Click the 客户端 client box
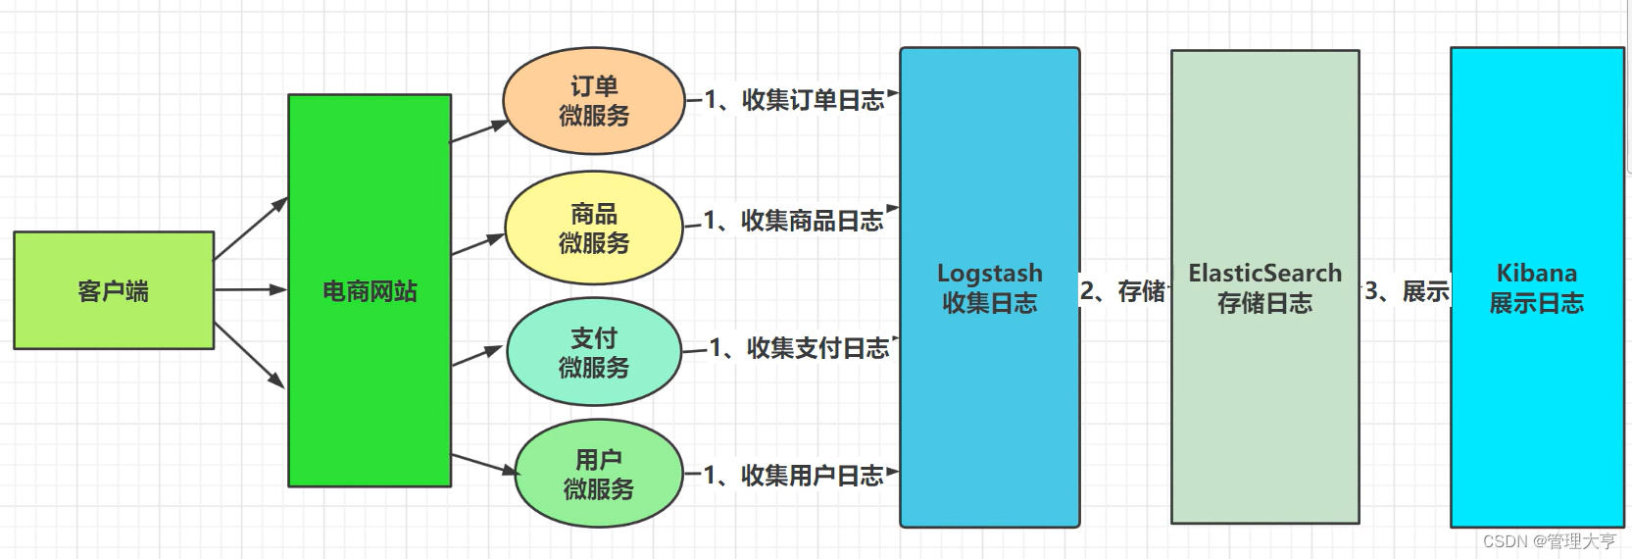[x=114, y=290]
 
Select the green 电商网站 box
[x=370, y=290]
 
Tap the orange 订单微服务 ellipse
[x=594, y=101]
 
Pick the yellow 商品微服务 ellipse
[x=594, y=228]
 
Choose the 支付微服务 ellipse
[x=594, y=352]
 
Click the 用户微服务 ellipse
[x=598, y=474]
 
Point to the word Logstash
[x=989, y=273]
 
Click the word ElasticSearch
[x=1264, y=273]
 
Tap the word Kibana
[x=1536, y=273]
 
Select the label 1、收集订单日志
[x=794, y=100]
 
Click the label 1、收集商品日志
[x=793, y=221]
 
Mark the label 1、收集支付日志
[x=798, y=348]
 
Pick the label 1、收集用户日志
[x=793, y=476]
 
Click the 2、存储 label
[x=1123, y=291]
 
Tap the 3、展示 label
[x=1406, y=291]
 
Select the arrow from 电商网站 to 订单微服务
[x=479, y=131]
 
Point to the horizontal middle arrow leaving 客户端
[x=250, y=289]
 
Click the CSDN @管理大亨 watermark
[x=1549, y=541]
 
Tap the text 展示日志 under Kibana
[x=1536, y=304]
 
